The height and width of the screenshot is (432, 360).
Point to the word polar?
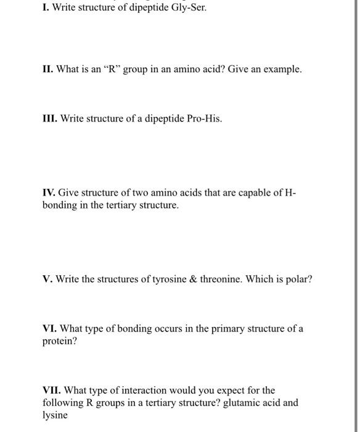[300, 279]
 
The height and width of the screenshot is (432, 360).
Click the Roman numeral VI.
[49, 328]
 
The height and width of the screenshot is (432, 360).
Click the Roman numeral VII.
[52, 390]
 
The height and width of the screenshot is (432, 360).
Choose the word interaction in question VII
[136, 390]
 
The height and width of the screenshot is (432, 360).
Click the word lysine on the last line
[55, 415]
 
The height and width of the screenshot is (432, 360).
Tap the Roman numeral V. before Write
[47, 279]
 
